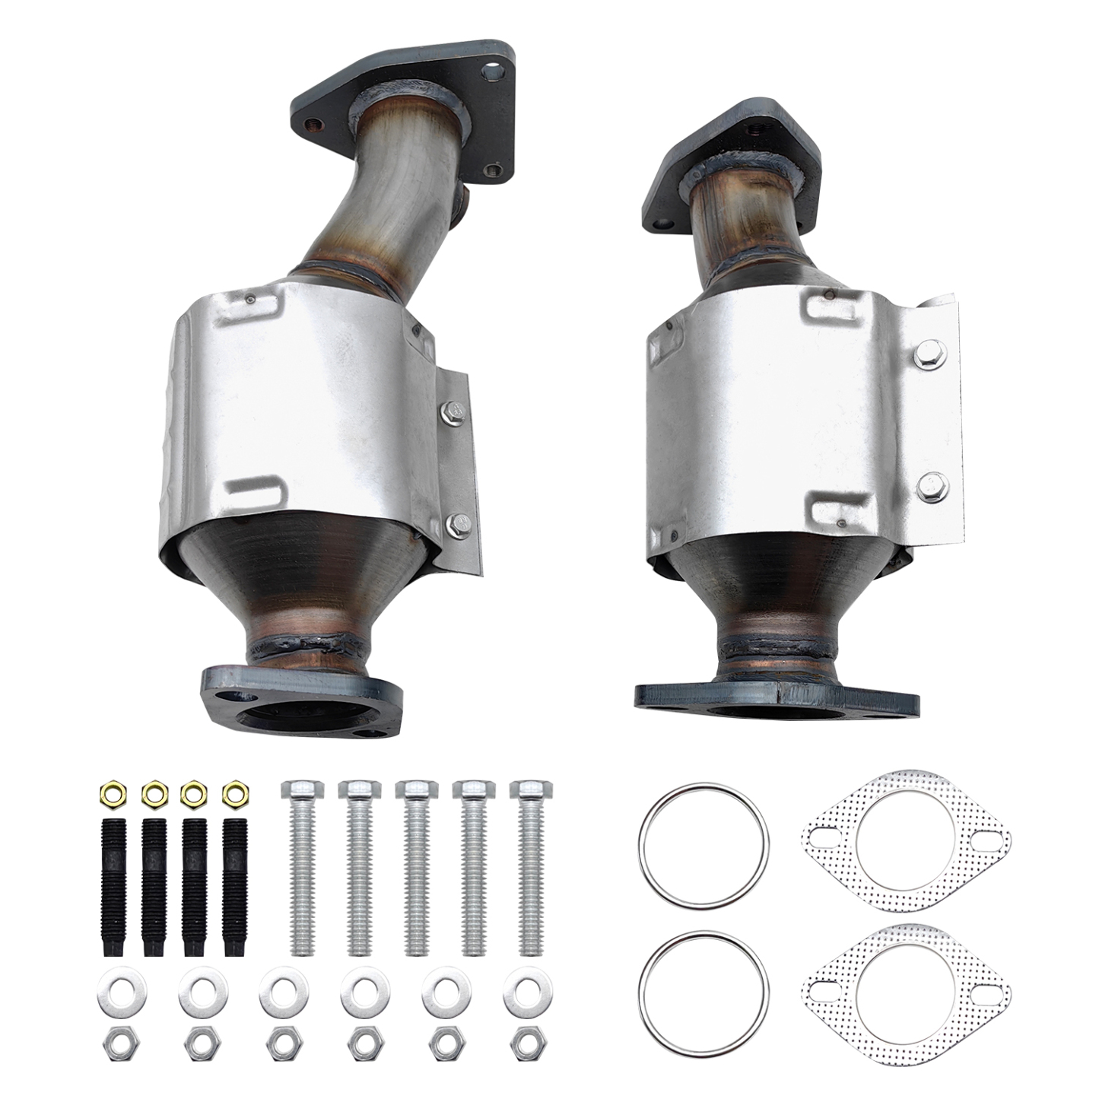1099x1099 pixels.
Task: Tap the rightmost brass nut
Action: (233, 795)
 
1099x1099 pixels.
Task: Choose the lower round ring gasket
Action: (704, 989)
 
